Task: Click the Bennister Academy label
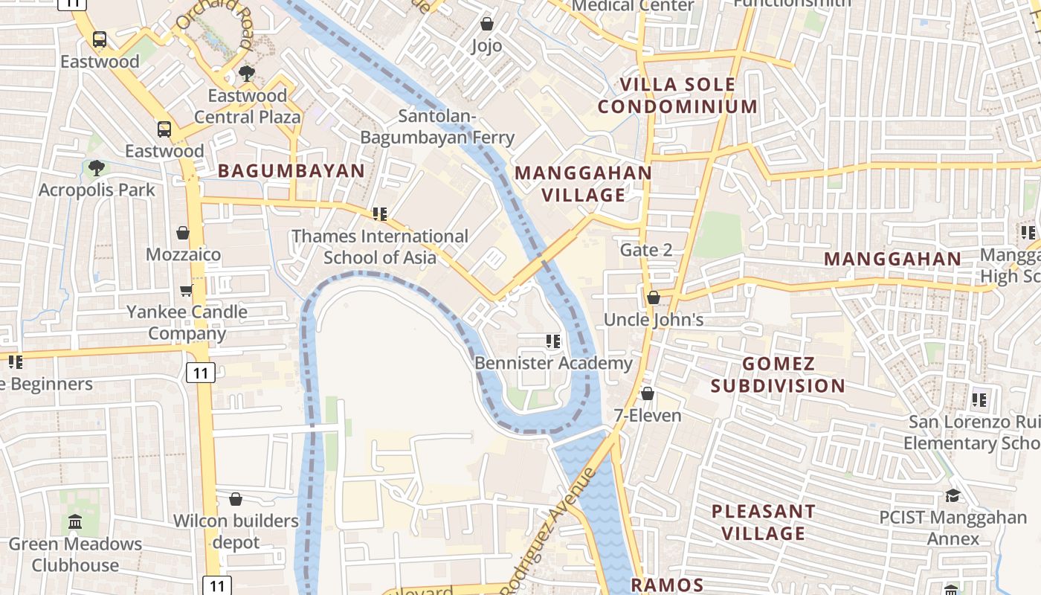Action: point(553,363)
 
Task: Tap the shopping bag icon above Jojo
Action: point(487,25)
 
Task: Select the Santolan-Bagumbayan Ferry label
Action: point(437,126)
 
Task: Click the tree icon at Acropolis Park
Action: point(96,168)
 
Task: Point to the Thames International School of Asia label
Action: point(380,247)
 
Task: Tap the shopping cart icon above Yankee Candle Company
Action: point(186,290)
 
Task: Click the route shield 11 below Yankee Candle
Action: point(201,372)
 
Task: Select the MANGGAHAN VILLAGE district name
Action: point(583,184)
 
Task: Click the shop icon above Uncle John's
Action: point(653,297)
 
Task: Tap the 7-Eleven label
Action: point(648,415)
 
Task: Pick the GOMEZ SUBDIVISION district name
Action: point(778,374)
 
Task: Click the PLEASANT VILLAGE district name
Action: point(764,522)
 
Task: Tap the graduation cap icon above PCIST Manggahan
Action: point(952,495)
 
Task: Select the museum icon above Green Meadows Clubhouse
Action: point(75,522)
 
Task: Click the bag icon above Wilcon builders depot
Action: point(236,499)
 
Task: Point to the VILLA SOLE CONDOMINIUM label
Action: point(677,95)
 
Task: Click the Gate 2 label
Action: point(646,250)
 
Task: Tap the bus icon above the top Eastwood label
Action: point(99,39)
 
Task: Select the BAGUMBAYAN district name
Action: point(291,171)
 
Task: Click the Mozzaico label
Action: point(183,254)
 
